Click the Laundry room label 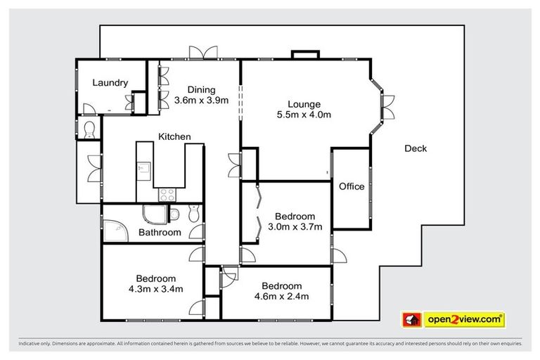coord(110,83)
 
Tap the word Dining coord(201,89)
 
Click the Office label coord(352,186)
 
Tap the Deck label coord(416,148)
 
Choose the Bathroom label coord(160,232)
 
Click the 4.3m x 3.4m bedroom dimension coord(156,289)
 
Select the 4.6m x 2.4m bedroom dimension coord(281,296)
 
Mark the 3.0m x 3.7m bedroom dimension coord(295,226)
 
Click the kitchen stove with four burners coord(167,194)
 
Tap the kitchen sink coord(145,169)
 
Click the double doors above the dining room coord(200,53)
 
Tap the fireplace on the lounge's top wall coord(304,55)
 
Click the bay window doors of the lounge coord(387,106)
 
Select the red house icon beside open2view coord(411,320)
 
